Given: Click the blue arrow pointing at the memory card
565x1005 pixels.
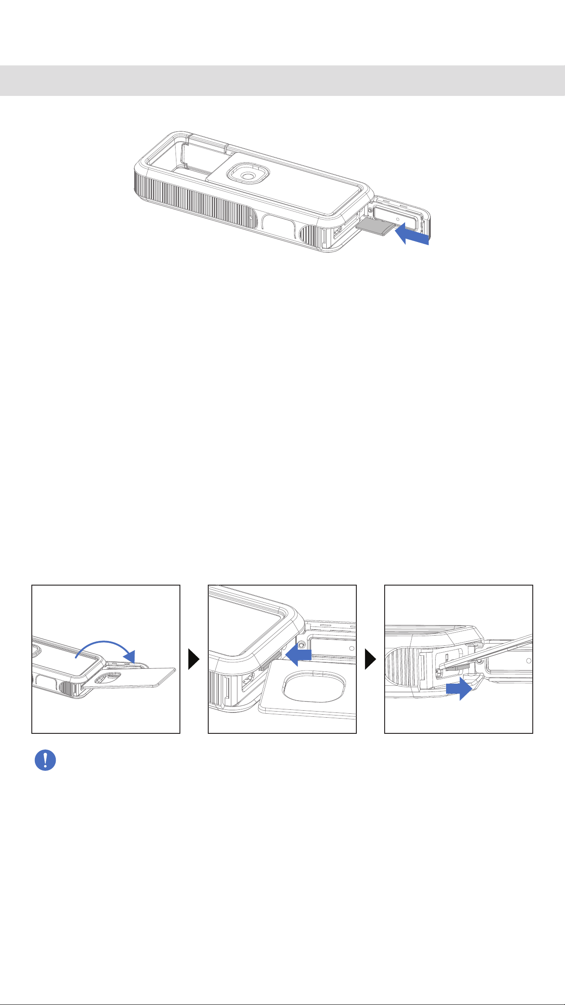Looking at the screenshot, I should click(412, 235).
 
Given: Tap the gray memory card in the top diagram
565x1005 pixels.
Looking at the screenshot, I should click(375, 227).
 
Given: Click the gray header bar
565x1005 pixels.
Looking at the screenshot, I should click(282, 81).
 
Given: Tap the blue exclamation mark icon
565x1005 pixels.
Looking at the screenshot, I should click(45, 760).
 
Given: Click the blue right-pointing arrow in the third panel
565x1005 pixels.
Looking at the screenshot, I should click(458, 688).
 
